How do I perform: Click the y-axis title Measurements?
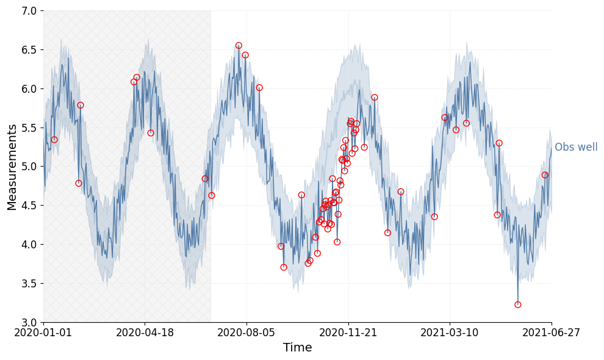pos(12,167)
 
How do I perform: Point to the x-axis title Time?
pos(297,348)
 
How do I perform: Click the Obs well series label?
pos(576,148)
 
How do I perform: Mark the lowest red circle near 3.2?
pos(517,304)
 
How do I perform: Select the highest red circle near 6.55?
pos(239,46)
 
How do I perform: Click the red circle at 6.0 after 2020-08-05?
pos(259,88)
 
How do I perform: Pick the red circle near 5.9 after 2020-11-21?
pos(375,98)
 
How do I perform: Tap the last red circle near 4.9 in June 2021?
pos(545,175)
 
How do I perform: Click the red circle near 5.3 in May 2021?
pos(499,143)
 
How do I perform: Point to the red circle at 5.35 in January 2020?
pos(54,140)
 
